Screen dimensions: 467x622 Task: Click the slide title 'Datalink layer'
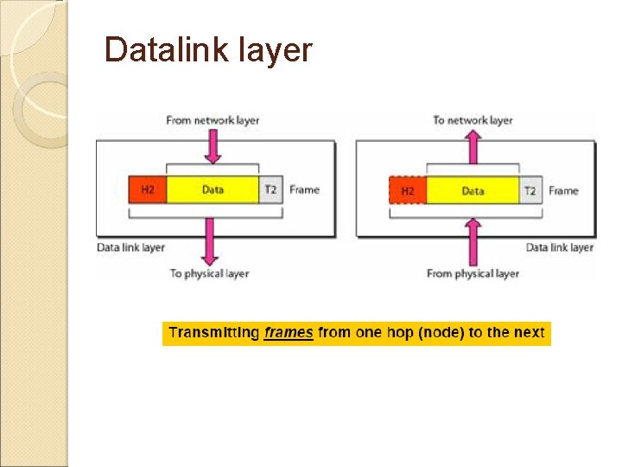pos(207,50)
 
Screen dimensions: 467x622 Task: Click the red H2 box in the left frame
pos(147,189)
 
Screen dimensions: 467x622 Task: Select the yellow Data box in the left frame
pos(213,189)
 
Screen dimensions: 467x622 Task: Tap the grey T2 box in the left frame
pos(270,189)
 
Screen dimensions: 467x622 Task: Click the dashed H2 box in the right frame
pos(408,190)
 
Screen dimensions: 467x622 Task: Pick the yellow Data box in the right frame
pos(473,190)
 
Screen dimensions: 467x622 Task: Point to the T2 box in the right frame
pos(530,190)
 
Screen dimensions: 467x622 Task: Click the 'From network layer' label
pos(213,120)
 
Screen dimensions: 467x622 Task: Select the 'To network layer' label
pos(473,120)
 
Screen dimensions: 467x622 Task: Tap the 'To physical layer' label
pos(209,273)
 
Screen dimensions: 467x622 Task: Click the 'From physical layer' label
pos(473,273)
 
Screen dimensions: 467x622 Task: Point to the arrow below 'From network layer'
pos(213,147)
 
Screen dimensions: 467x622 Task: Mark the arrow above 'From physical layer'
pos(473,237)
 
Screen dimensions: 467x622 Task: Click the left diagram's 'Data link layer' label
pos(130,247)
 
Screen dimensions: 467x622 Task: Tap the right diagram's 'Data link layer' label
pos(559,247)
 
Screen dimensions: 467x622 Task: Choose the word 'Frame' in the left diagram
pos(304,189)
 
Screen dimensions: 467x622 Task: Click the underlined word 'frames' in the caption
pos(289,333)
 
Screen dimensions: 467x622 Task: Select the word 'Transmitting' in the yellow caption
pos(213,333)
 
